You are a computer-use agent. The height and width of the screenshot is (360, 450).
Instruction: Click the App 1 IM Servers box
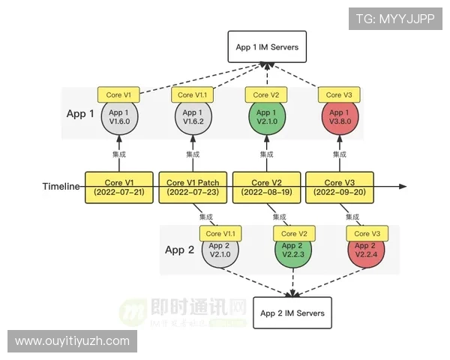click(267, 47)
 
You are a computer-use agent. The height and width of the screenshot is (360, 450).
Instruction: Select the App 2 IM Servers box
click(292, 313)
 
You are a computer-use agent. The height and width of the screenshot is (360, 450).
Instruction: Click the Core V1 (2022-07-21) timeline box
click(120, 187)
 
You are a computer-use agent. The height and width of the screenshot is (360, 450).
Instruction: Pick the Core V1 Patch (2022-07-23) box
click(193, 187)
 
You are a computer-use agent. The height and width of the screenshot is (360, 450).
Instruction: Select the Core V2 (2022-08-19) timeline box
click(267, 187)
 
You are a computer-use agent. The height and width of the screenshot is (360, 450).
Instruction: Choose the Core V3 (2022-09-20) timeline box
click(340, 187)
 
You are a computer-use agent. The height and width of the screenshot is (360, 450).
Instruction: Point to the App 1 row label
click(80, 114)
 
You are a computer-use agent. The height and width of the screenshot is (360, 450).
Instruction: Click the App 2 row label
click(179, 250)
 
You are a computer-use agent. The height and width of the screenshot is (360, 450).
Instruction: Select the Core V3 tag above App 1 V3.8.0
click(340, 95)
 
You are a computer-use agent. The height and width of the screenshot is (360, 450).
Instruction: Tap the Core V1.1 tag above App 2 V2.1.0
click(219, 233)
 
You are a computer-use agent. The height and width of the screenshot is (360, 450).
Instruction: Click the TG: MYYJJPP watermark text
click(394, 19)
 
